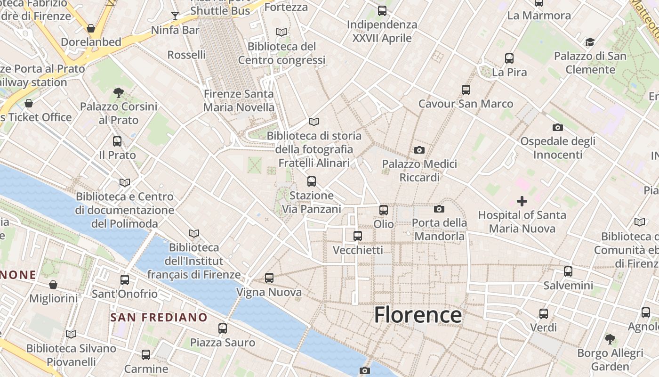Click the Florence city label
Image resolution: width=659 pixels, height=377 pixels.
[x=418, y=315]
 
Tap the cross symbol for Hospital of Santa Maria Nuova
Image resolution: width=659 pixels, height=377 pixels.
[x=522, y=202]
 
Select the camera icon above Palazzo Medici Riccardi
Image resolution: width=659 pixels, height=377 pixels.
[x=419, y=150]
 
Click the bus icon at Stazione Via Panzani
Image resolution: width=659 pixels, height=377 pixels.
[x=311, y=181]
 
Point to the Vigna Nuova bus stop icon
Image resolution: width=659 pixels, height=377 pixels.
[x=269, y=278]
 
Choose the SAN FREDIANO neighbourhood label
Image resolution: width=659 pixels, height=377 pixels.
[x=159, y=317]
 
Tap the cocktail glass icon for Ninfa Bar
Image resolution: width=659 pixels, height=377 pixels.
[x=175, y=16]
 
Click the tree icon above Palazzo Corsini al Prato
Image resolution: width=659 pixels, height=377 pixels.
[x=119, y=92]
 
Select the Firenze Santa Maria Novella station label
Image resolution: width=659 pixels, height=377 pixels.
[x=239, y=100]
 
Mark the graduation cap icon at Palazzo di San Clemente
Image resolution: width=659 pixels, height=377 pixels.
[x=590, y=42]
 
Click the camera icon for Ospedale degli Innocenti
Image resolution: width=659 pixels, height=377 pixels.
[x=558, y=127]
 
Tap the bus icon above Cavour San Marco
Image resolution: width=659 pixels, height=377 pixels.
[x=466, y=90]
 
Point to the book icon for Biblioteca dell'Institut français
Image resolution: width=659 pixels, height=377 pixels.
[x=193, y=233]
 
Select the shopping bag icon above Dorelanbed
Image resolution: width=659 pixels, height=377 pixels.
[x=91, y=28]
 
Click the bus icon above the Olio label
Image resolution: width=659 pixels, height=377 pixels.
[x=384, y=210]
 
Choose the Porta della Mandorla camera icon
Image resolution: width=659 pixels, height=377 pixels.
[x=439, y=209]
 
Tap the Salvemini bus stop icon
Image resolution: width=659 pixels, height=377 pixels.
[x=568, y=271]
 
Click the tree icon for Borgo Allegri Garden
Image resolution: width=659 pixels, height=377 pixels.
[x=610, y=338]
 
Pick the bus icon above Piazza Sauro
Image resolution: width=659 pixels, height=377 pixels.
[x=223, y=328]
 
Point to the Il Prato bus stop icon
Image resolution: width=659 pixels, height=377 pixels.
[x=117, y=141]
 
